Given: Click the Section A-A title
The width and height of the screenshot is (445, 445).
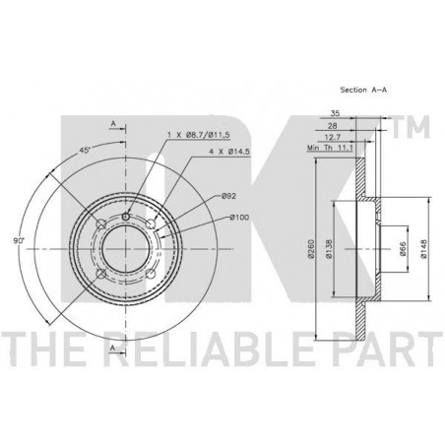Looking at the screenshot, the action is click(363, 90).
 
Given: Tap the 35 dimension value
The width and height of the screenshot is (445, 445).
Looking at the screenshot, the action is click(335, 113).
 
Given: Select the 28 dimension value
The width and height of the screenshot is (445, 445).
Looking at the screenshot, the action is click(333, 126).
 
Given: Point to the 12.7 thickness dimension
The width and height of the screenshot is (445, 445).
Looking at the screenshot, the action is click(333, 137).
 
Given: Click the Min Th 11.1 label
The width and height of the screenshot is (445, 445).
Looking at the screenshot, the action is click(330, 148).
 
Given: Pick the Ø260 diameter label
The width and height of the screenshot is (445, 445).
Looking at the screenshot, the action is click(311, 249).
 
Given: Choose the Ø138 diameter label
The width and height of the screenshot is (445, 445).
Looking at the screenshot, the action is click(329, 248).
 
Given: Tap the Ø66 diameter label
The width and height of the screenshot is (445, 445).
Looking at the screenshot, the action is click(403, 249).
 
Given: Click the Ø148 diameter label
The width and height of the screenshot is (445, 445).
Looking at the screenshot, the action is click(423, 249).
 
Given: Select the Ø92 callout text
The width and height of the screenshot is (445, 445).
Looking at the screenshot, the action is click(228, 196).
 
